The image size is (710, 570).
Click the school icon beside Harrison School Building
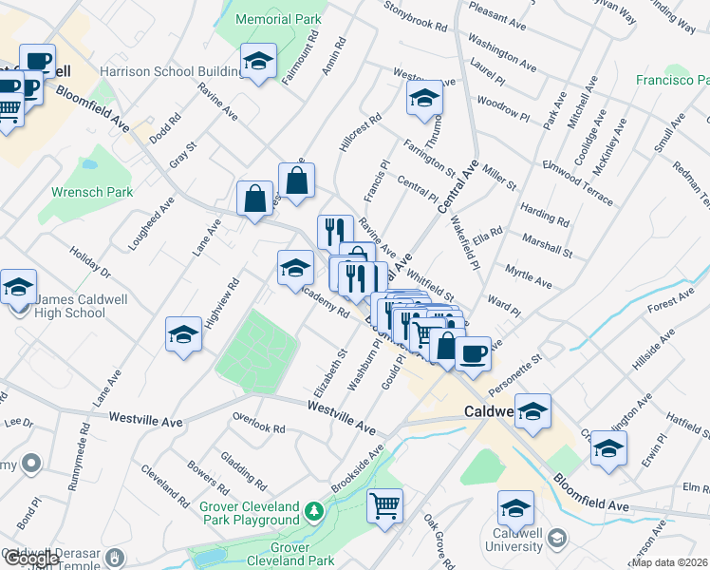point(257,62)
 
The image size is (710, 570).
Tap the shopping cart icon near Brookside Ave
point(385,505)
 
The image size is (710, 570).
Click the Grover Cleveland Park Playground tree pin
point(314,514)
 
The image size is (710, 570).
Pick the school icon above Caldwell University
point(516,509)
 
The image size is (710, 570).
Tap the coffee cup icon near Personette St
point(473,354)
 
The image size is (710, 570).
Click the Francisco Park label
point(672,81)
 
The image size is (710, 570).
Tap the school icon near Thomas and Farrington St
point(424,97)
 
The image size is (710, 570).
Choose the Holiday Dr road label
point(90,263)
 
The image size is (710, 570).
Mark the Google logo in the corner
point(30,559)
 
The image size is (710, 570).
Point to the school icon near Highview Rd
point(184,333)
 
